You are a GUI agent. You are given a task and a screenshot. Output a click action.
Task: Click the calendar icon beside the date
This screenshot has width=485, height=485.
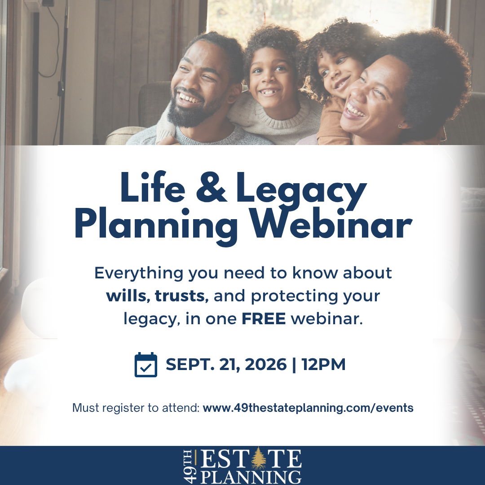coord(145,365)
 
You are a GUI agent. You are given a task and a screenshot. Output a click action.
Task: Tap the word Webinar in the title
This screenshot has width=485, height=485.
coord(331,223)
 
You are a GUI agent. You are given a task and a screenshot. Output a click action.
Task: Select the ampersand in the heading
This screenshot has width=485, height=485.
coord(211,187)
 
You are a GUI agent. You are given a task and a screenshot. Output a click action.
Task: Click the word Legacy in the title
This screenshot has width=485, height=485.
coord(302,190)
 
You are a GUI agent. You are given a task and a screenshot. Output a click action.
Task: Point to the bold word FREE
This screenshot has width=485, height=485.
coord(264,319)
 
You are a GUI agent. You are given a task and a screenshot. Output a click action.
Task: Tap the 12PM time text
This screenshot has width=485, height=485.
coord(323,364)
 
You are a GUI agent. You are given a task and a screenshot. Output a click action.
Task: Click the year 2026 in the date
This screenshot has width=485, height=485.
coord(266,364)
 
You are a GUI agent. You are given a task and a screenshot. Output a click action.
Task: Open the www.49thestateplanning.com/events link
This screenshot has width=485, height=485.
coord(308,408)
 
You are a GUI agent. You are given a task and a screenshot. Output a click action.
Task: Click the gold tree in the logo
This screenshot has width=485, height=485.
coord(258,459)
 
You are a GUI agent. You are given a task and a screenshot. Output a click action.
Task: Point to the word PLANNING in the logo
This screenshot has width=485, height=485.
coord(251,477)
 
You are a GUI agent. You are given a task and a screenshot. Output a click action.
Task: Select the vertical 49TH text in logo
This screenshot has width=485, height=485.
coord(190,467)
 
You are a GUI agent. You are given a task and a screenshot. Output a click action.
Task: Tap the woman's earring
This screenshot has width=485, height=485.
coord(400,126)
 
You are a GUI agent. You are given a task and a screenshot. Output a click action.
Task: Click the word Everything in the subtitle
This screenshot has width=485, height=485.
coord(139,273)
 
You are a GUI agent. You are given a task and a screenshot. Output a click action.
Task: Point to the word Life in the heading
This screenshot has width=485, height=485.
coord(153,187)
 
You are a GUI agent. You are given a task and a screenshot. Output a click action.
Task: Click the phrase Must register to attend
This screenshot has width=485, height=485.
coord(136,408)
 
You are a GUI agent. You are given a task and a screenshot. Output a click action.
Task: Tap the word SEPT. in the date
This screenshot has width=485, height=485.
coord(190,364)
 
